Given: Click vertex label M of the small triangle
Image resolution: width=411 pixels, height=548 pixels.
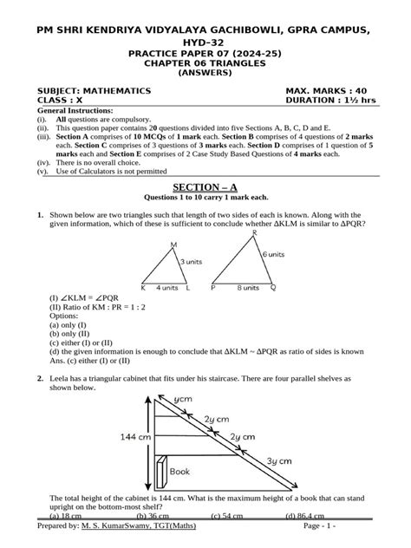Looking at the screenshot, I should [x=173, y=245].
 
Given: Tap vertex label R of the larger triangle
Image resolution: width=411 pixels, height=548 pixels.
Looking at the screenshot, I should [x=253, y=233].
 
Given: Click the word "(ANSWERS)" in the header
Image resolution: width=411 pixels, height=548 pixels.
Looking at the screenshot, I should [x=205, y=73].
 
